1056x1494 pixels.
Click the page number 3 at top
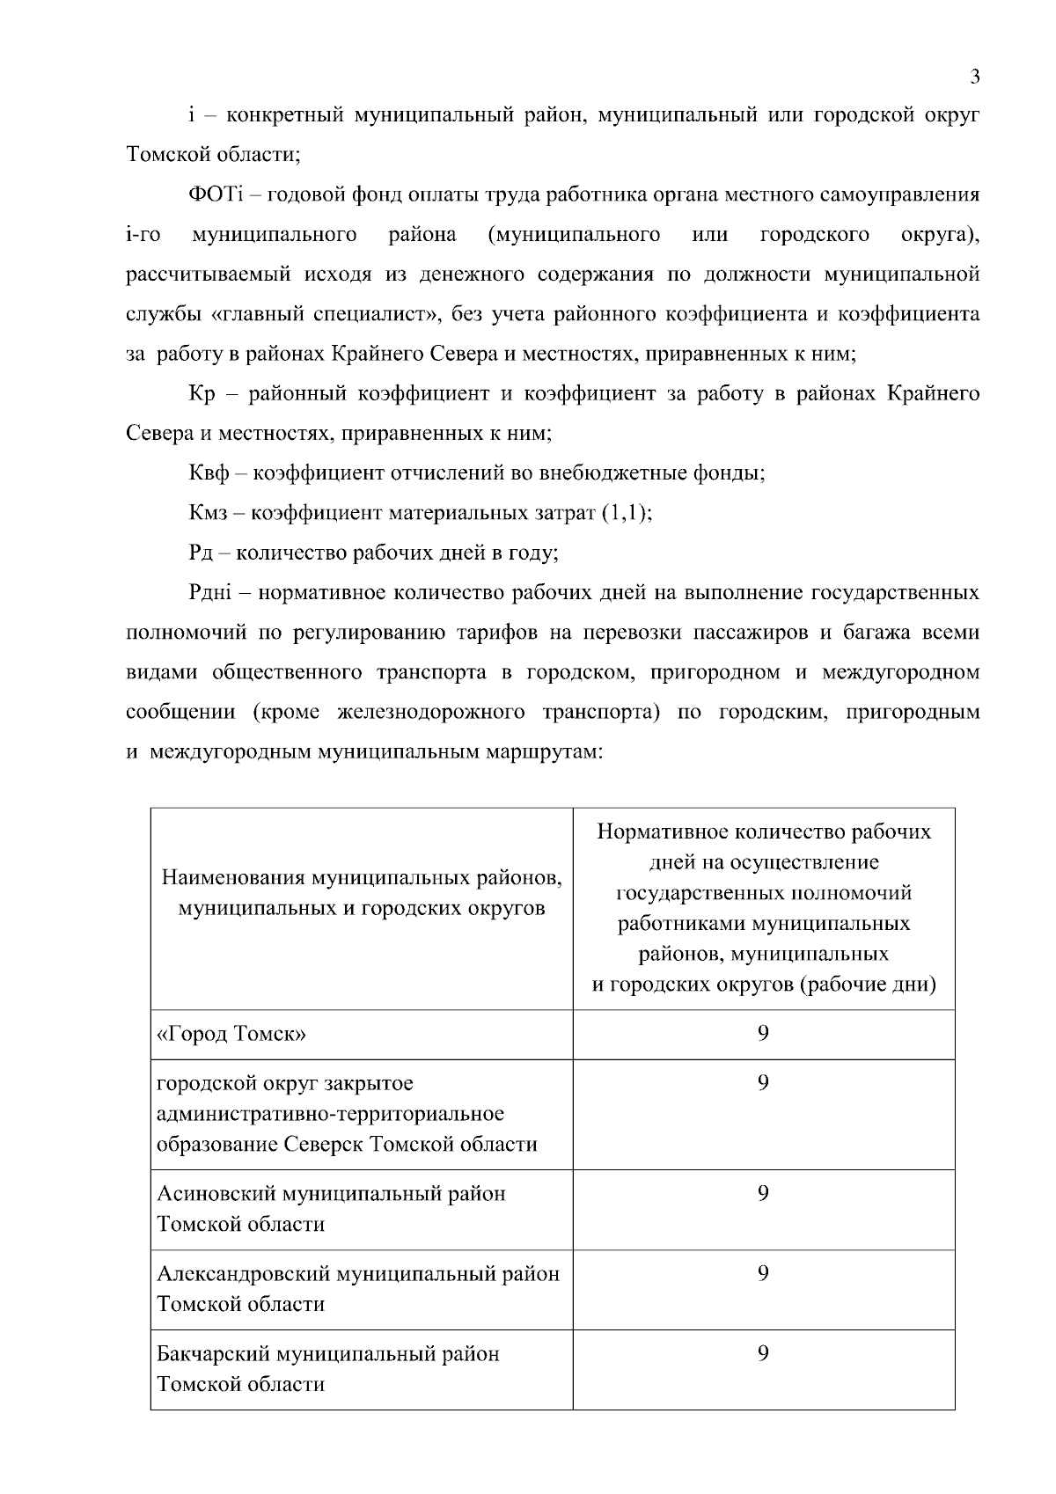click(x=974, y=77)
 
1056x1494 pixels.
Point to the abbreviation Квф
click(x=209, y=473)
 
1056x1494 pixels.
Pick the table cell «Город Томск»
click(x=231, y=1034)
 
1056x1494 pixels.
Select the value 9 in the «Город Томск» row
click(x=763, y=1033)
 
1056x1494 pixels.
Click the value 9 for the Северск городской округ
click(x=763, y=1082)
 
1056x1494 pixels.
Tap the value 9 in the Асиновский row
click(x=763, y=1193)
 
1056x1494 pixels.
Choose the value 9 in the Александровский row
click(x=763, y=1273)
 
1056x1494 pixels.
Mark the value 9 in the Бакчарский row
click(x=763, y=1353)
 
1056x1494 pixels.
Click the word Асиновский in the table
click(x=216, y=1194)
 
